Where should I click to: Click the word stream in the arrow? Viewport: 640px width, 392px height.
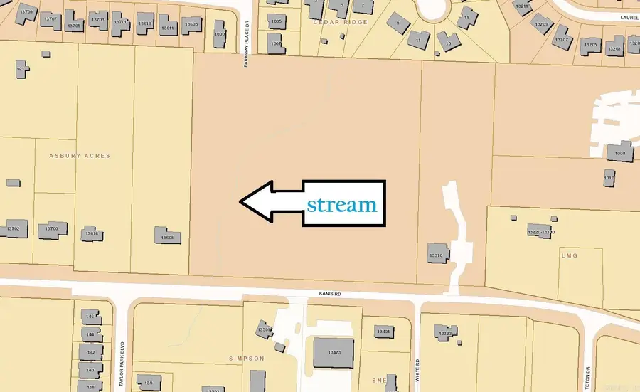[341, 205]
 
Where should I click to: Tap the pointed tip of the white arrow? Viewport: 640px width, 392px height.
[240, 203]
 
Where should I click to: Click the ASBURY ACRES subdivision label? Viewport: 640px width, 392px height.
[80, 155]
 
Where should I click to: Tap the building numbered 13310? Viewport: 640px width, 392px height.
[436, 253]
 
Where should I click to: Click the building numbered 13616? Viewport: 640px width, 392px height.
[91, 233]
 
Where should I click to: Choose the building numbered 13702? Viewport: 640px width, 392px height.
[14, 228]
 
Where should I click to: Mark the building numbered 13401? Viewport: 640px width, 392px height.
[383, 332]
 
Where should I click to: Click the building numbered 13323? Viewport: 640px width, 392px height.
[447, 332]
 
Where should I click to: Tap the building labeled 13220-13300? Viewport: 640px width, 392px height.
[540, 231]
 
